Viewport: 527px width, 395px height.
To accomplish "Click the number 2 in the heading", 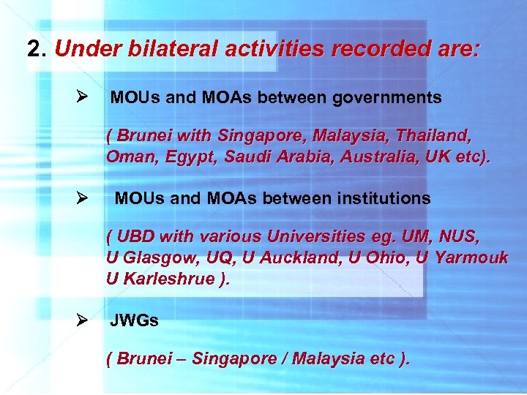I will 33,49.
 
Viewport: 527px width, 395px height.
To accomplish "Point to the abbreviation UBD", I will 135,237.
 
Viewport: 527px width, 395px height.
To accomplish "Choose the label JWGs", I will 134,320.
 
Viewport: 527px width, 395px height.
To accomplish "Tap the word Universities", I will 317,237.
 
